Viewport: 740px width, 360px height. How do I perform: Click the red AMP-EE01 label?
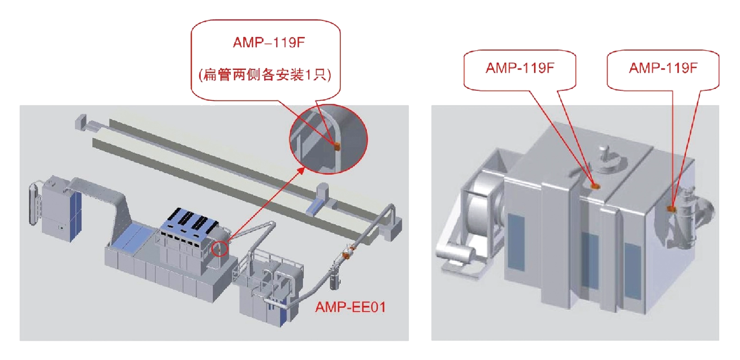coord(350,307)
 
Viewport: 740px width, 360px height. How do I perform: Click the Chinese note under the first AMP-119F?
coord(265,75)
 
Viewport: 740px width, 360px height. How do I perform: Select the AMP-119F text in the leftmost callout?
coord(269,43)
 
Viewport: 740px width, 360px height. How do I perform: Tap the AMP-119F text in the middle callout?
coord(520,68)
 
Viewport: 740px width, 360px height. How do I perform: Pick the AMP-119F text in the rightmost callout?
coord(663,68)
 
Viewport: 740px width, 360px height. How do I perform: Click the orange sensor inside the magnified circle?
coord(337,146)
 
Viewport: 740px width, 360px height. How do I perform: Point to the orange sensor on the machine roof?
coord(595,186)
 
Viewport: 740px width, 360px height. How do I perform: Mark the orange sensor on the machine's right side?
coord(671,209)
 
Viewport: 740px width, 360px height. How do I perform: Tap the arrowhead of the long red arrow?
coord(302,170)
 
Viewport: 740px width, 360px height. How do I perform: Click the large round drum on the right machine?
coord(483,211)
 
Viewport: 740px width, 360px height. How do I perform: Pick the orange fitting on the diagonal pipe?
coord(346,254)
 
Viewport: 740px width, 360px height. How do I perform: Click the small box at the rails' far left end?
coord(81,122)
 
